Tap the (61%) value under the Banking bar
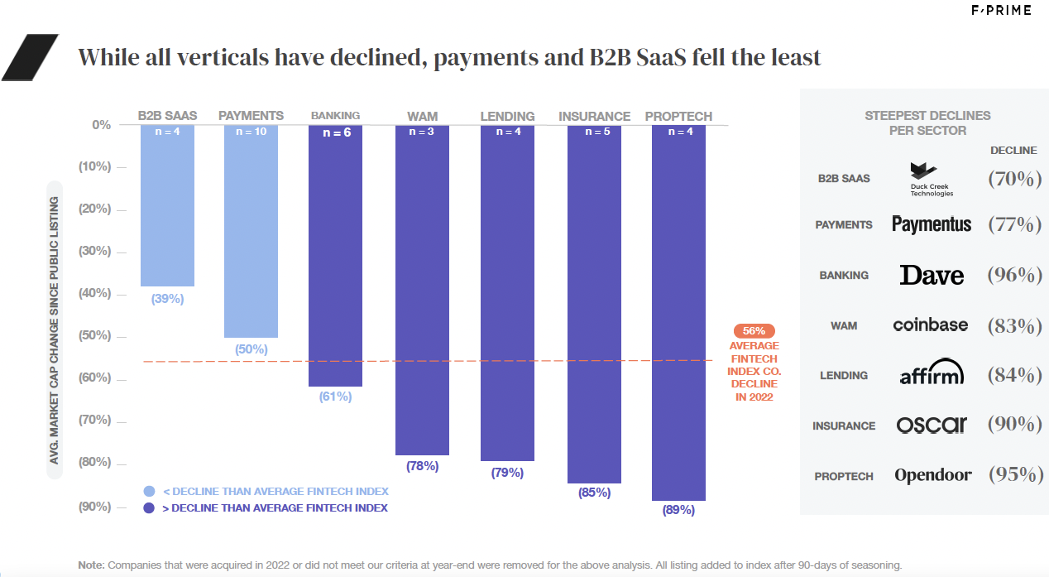335,397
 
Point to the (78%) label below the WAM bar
422,466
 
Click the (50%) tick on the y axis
94,336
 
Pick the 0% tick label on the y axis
100,125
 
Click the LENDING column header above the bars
507,117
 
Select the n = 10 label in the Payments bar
251,132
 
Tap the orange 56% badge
754,329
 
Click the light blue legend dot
149,491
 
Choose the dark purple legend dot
149,507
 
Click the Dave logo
932,275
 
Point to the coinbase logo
930,325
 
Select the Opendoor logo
932,475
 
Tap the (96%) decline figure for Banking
1014,275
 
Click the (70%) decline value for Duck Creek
1014,178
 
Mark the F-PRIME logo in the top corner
1001,11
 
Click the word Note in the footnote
91,565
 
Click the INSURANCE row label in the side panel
843,426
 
